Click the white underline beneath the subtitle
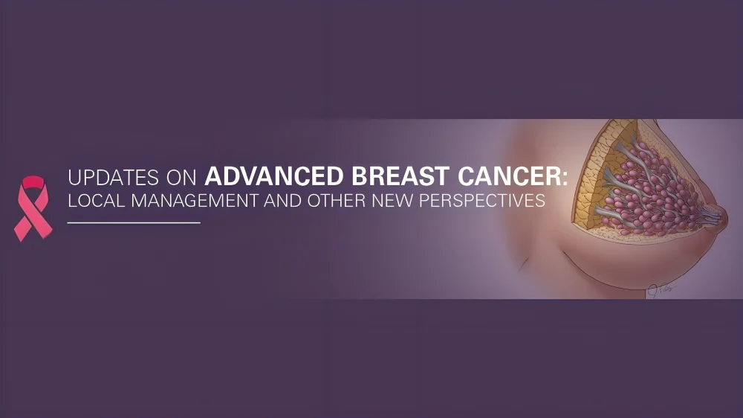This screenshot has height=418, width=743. coord(134,222)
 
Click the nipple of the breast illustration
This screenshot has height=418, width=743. coord(717,216)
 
